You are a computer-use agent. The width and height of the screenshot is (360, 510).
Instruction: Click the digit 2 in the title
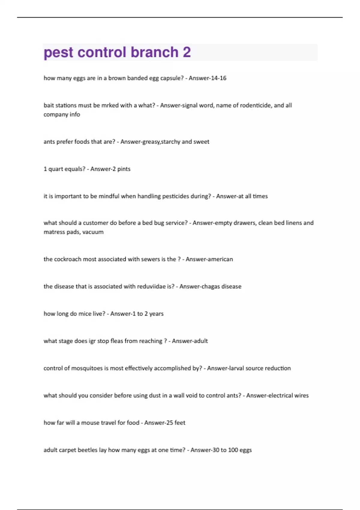(187, 52)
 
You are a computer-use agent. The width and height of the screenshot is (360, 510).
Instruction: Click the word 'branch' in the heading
(154, 52)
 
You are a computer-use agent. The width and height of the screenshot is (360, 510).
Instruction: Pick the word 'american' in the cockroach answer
(220, 259)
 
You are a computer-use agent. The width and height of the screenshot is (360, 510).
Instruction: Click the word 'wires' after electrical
(301, 396)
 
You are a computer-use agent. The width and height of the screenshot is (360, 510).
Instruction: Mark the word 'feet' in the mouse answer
(180, 423)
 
